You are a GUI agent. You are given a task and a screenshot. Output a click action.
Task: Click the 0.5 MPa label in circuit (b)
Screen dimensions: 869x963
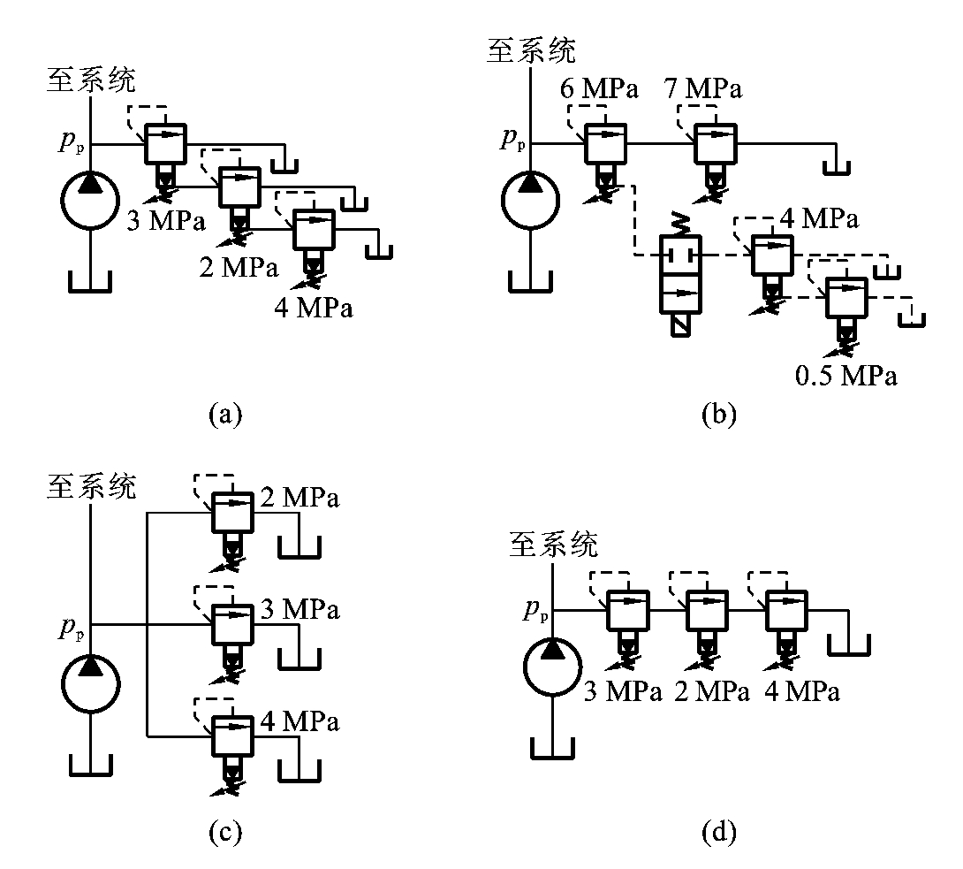click(x=845, y=376)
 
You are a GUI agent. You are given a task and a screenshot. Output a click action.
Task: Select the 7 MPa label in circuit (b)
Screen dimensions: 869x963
click(x=703, y=88)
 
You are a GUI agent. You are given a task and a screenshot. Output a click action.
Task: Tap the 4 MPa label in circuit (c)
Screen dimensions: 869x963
click(x=300, y=721)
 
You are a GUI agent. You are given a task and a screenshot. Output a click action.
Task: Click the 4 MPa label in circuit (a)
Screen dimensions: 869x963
click(x=314, y=309)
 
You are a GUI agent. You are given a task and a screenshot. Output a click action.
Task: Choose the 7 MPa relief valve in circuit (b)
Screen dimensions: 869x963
click(x=715, y=143)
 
